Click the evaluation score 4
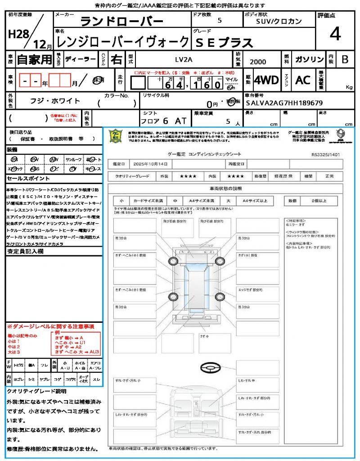tap(334, 34)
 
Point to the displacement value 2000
tap(258, 62)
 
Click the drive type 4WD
tap(266, 80)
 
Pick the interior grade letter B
tap(345, 59)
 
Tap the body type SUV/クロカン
tap(279, 21)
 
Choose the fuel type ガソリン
tap(309, 59)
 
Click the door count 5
tap(219, 20)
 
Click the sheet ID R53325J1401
tap(325, 154)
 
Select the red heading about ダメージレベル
tap(50, 326)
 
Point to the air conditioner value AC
tap(303, 80)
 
